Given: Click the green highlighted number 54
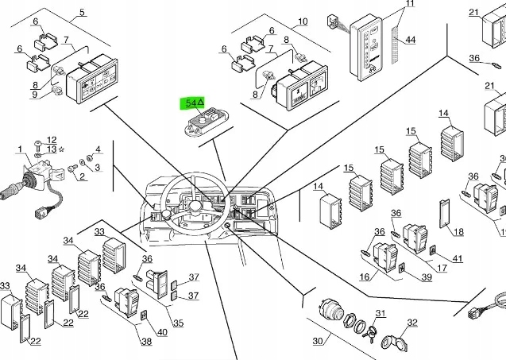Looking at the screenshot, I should [193, 103].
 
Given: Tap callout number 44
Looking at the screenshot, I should [410, 39].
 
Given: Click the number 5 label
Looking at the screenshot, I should [82, 14].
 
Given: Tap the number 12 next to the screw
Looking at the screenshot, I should [52, 140].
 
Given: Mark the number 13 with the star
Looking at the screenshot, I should [52, 149].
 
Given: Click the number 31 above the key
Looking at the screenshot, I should [380, 313].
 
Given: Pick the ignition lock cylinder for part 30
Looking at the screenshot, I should [330, 311].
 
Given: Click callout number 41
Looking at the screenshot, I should [457, 259].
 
